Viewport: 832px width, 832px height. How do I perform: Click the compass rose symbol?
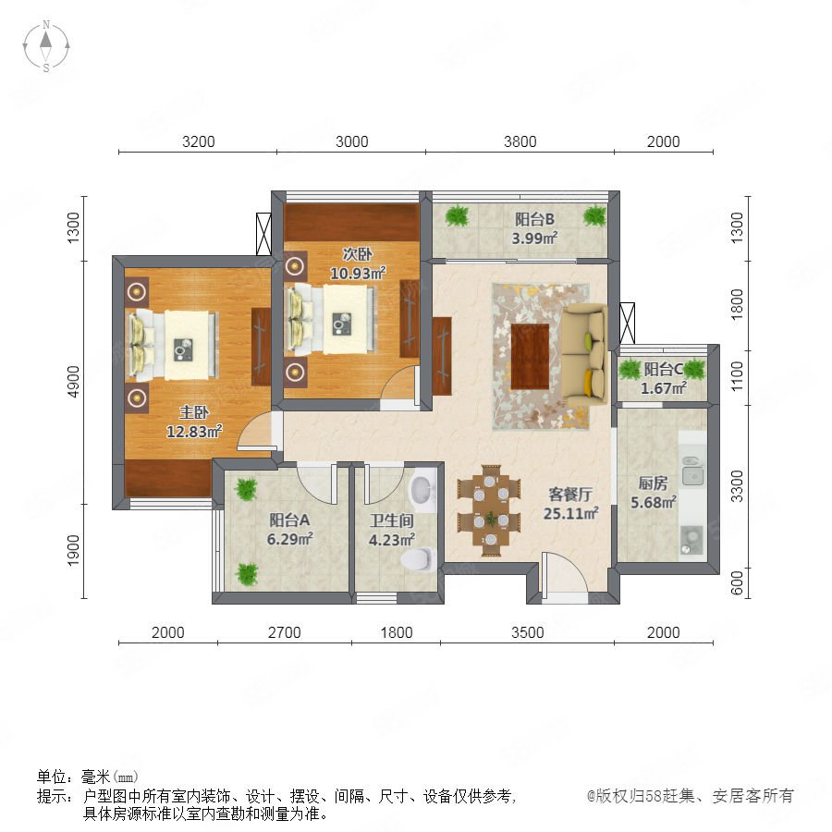coord(46,46)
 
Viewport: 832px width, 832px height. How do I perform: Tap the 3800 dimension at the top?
coord(520,141)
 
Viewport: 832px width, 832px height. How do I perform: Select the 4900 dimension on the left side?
coord(73,382)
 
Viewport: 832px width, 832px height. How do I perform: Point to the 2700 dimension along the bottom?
coord(285,632)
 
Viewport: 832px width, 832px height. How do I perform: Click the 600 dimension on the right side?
coord(737,582)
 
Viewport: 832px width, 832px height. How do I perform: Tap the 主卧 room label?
coord(194,412)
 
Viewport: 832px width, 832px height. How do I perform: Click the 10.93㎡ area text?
coord(358,274)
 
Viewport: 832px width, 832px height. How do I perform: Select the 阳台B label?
coord(534,219)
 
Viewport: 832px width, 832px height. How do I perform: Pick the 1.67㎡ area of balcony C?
coord(663,388)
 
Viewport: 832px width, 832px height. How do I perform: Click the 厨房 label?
coord(653,483)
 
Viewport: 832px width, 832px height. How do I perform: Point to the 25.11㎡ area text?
coord(571,514)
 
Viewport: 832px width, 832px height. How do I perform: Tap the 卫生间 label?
coord(392,520)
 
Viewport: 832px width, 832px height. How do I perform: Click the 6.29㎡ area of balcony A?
coord(289,540)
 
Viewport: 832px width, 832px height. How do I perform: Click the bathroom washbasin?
coord(422,490)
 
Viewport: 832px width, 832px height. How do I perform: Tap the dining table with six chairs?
coord(489,510)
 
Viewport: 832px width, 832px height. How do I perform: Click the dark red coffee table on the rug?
coord(530,357)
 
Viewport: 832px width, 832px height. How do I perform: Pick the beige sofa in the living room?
coord(584,353)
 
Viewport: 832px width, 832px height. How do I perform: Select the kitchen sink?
coord(691,471)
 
